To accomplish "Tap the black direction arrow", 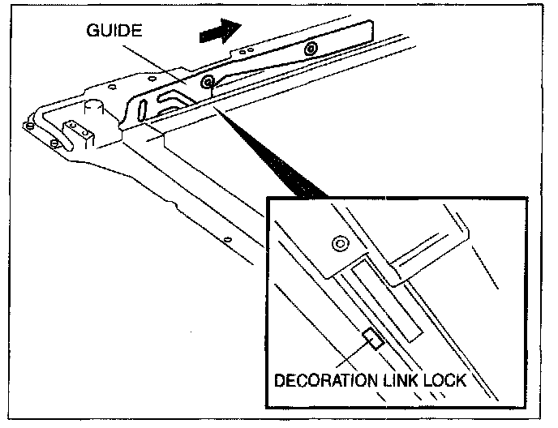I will [x=220, y=32].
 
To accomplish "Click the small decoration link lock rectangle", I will [x=373, y=338].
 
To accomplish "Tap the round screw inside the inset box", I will [x=339, y=242].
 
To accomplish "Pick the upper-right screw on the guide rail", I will [x=310, y=50].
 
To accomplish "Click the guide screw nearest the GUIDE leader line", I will [x=208, y=81].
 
